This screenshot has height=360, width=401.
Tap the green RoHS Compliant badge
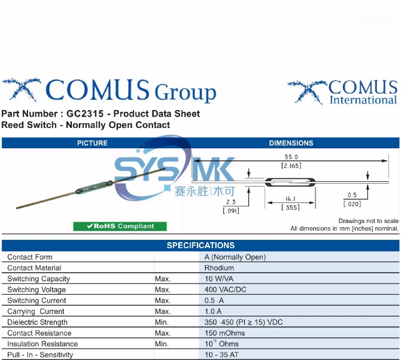pyautogui.click(x=120, y=226)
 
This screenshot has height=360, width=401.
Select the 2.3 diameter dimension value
pyautogui.click(x=231, y=202)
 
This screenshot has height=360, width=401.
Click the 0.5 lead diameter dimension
pyautogui.click(x=351, y=195)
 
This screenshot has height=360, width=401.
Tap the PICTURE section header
pyautogui.click(x=92, y=143)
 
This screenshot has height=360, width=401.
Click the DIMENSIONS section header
pyautogui.click(x=291, y=143)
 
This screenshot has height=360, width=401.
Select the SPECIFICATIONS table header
pyautogui.click(x=200, y=245)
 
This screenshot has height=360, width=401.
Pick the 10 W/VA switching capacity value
pyautogui.click(x=221, y=279)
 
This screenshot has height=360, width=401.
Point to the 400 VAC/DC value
pyautogui.click(x=225, y=289)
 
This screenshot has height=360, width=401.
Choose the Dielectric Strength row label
pyautogui.click(x=37, y=322)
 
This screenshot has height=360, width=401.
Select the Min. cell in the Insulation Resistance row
pyautogui.click(x=162, y=344)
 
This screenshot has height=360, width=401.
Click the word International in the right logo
pyautogui.click(x=363, y=100)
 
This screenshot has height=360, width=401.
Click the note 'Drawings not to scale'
pyautogui.click(x=368, y=221)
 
